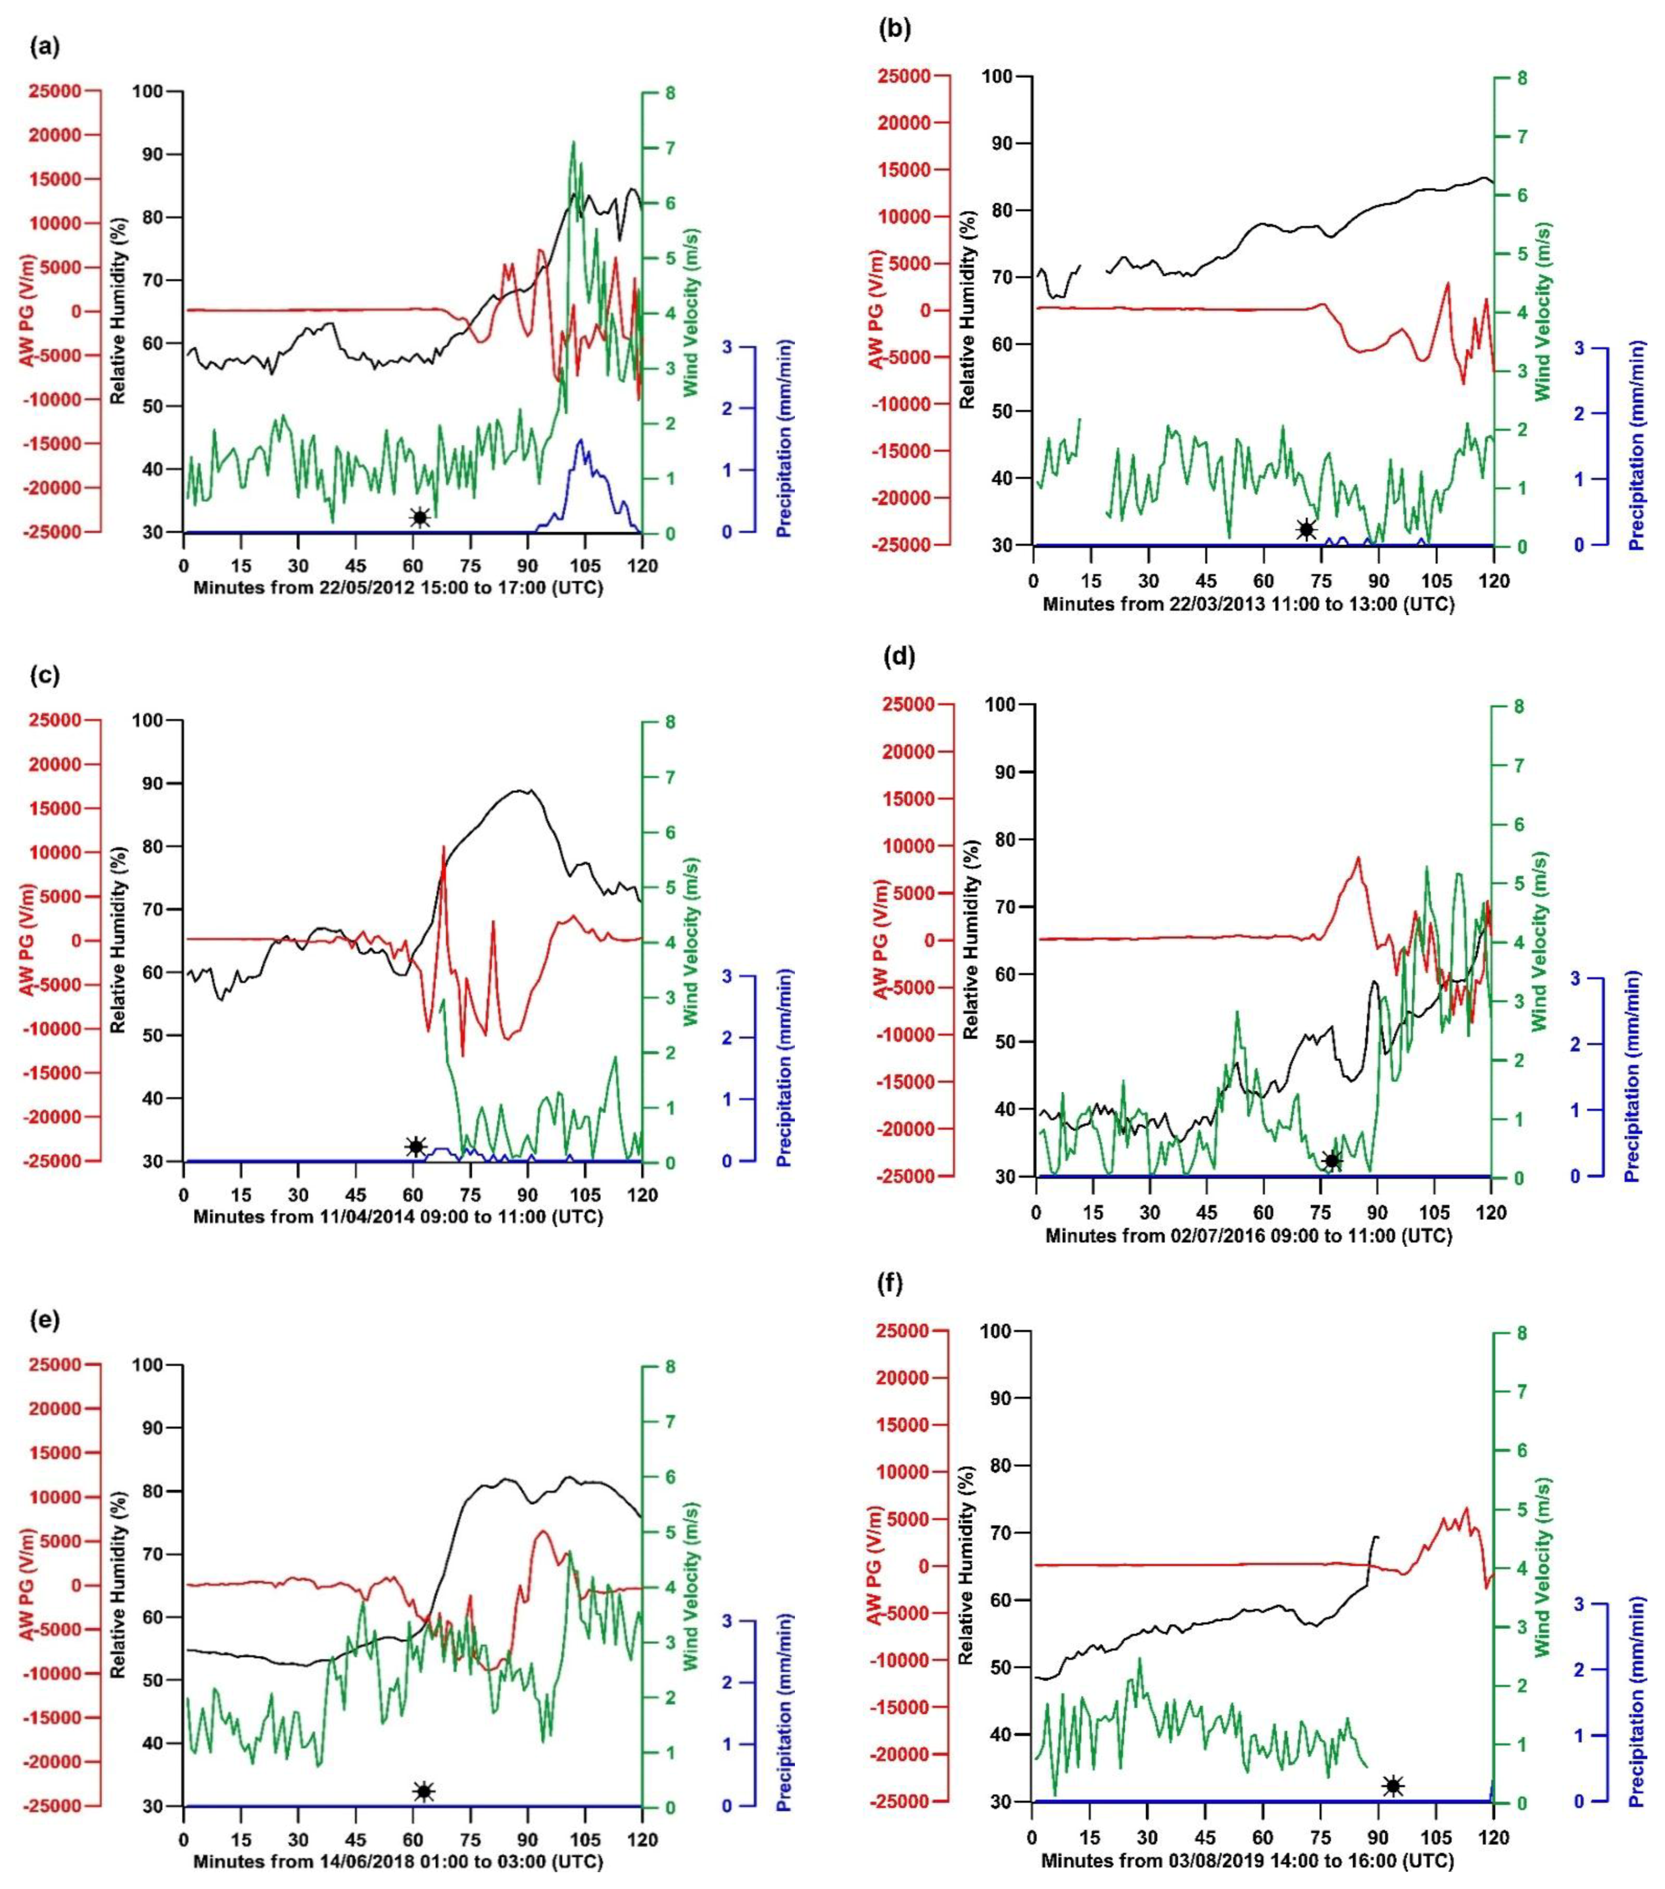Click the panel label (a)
coord(44,46)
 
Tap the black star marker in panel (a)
coord(420,518)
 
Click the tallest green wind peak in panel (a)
coord(574,142)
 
